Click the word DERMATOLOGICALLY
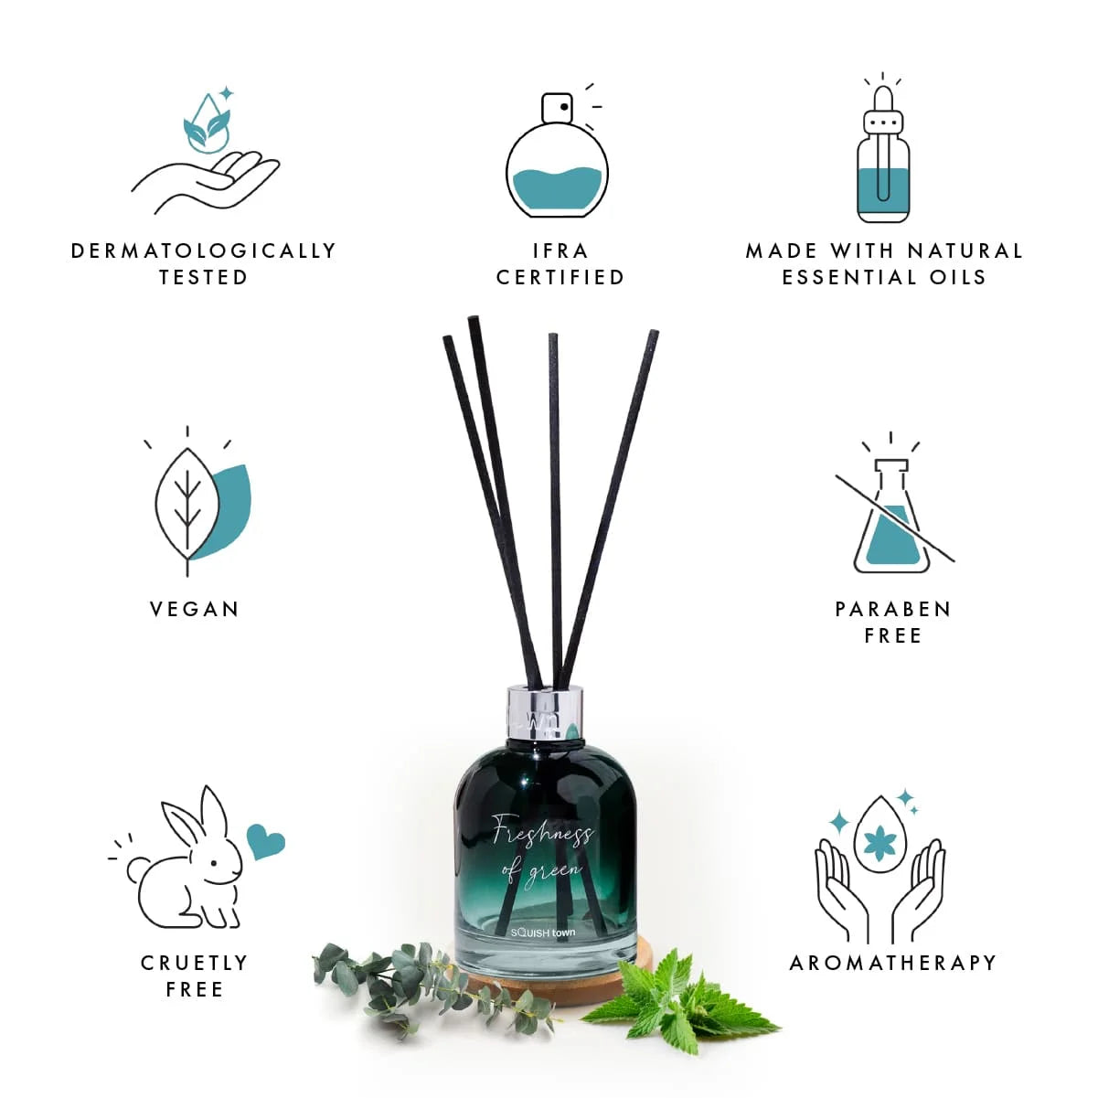click(204, 251)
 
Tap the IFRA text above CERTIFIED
click(560, 251)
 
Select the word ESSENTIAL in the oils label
click(850, 278)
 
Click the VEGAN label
click(195, 609)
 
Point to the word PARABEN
click(893, 609)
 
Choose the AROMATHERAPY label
click(893, 963)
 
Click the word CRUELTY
click(195, 963)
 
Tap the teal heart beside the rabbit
click(265, 842)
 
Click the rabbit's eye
click(214, 864)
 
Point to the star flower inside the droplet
click(880, 845)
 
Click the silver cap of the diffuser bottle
click(545, 713)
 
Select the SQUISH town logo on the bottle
click(542, 933)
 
